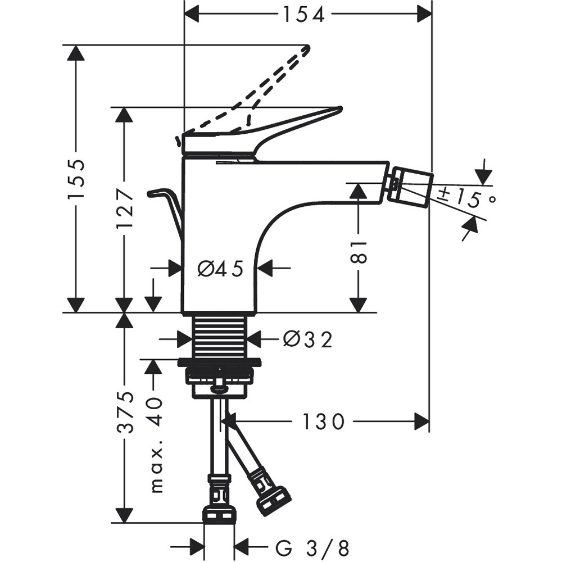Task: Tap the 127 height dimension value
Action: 125,208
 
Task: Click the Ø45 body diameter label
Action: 220,269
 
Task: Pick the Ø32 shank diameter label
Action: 308,339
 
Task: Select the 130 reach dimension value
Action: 323,421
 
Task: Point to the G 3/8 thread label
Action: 312,546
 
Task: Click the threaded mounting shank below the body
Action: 220,336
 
